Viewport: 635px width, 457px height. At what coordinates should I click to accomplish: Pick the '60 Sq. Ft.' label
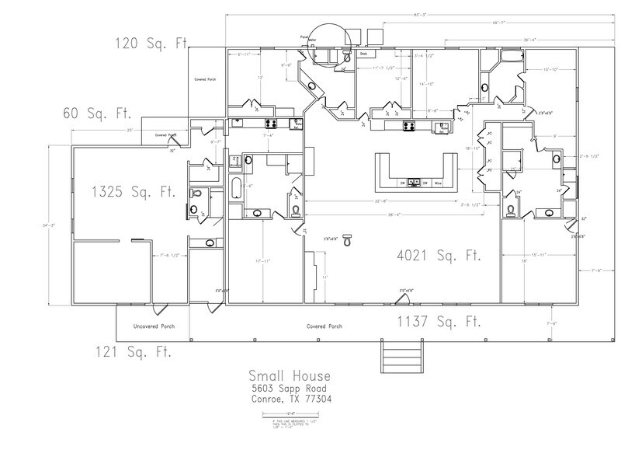tap(95, 113)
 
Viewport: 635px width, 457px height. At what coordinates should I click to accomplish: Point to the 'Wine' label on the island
tap(438, 183)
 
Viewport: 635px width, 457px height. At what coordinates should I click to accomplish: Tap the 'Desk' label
tap(363, 54)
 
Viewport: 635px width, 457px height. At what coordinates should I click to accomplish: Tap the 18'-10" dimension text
tap(472, 147)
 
